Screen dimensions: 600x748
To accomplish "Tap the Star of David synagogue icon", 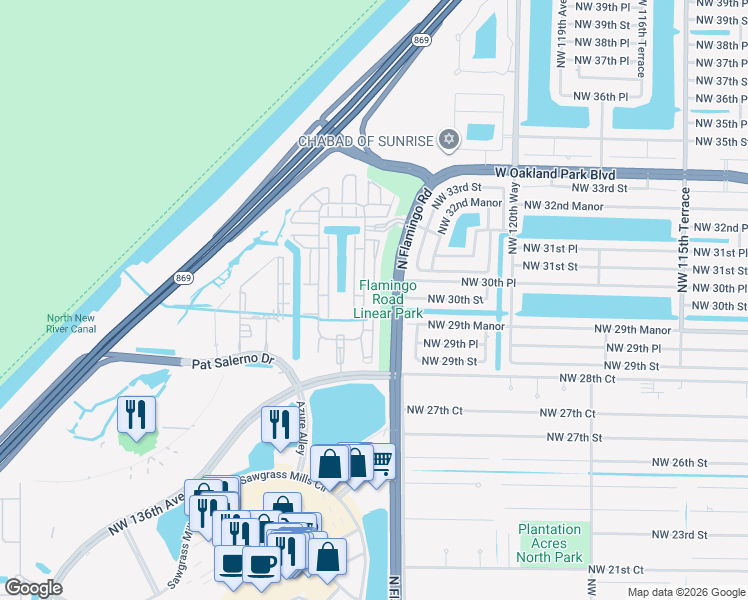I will pos(449,139).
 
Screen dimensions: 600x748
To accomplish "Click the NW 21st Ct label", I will pos(616,569).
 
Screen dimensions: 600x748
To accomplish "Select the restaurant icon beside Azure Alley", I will pos(276,423).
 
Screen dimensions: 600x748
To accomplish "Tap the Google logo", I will pos(33,588).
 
